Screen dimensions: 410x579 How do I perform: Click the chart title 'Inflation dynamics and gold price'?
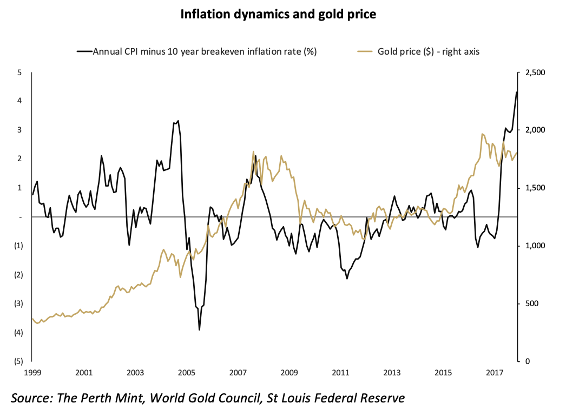[278, 15]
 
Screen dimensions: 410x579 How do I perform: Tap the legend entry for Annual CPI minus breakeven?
[197, 52]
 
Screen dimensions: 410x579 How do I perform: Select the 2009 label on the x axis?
[289, 373]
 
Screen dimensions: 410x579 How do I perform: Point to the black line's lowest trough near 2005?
[199, 329]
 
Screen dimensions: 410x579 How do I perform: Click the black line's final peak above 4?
[517, 92]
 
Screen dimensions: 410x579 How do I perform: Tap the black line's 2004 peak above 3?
[178, 121]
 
